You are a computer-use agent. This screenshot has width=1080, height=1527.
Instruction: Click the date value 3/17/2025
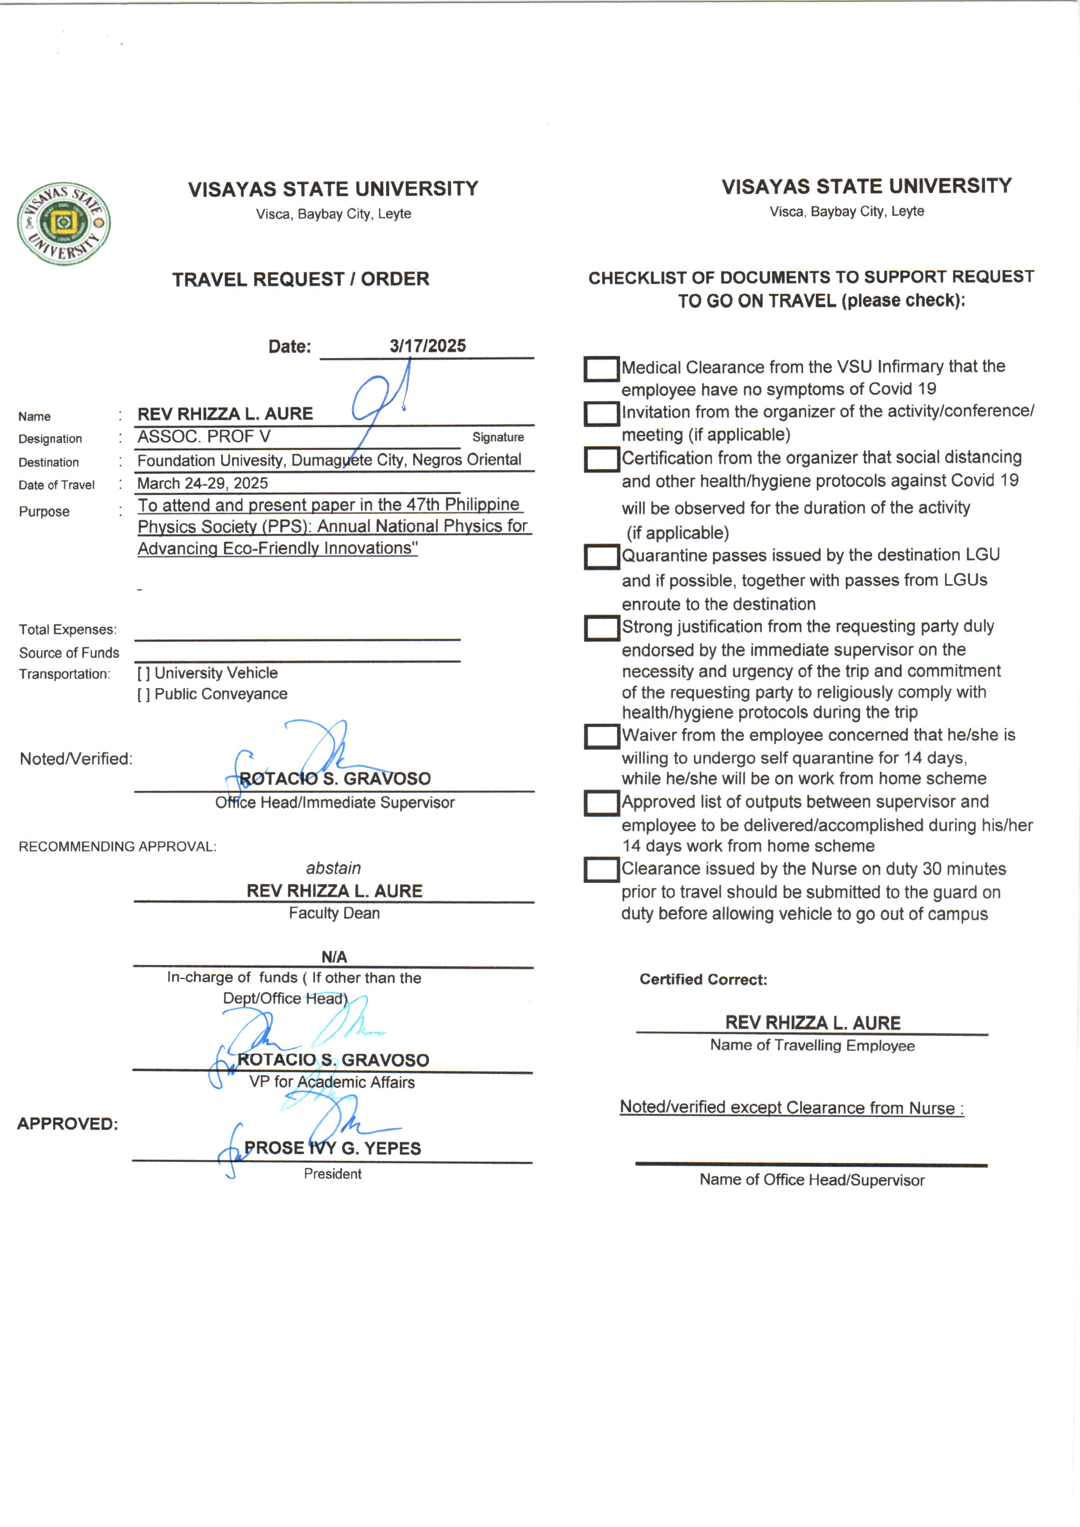click(x=427, y=346)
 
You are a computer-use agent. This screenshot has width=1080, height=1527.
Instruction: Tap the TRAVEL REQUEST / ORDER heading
click(x=301, y=280)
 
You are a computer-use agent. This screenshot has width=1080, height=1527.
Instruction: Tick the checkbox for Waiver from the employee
click(x=601, y=736)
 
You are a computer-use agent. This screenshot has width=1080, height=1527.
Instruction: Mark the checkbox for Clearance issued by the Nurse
click(x=601, y=870)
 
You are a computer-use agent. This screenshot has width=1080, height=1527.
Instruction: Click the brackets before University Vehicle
click(x=143, y=673)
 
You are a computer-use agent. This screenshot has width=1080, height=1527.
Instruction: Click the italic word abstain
click(x=333, y=868)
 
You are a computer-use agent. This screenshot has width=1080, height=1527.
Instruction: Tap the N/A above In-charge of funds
click(x=334, y=957)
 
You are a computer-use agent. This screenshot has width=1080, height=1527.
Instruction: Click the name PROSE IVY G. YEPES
click(x=333, y=1149)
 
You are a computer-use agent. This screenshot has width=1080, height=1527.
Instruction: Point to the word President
click(x=333, y=1174)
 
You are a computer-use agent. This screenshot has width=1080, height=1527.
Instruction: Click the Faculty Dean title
click(x=334, y=913)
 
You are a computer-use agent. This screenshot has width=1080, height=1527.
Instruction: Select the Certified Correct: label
click(x=703, y=980)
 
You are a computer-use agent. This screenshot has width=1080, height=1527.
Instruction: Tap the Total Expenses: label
click(x=68, y=629)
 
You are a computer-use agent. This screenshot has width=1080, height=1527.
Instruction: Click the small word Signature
click(x=498, y=437)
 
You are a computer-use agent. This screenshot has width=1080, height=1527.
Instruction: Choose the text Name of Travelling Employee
click(x=812, y=1045)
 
